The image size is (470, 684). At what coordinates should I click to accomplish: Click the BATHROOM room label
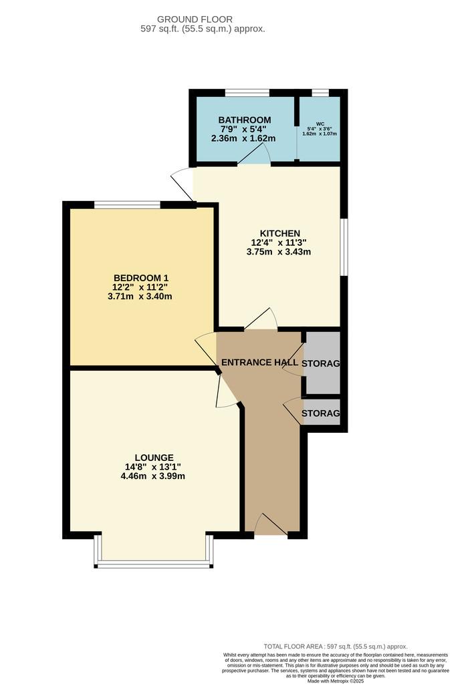tap(245, 120)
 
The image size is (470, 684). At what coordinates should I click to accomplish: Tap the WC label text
tap(320, 124)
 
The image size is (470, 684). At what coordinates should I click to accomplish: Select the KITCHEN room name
tap(280, 233)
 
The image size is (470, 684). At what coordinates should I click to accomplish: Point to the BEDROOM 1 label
tap(140, 278)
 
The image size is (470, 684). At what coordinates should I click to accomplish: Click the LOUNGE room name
tap(154, 458)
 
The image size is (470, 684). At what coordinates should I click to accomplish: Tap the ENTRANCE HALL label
tap(260, 363)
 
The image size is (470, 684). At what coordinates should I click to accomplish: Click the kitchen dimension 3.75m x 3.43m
tap(279, 252)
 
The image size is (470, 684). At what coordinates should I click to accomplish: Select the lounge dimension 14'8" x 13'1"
tap(153, 467)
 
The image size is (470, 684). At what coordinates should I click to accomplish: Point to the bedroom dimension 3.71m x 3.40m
tap(140, 296)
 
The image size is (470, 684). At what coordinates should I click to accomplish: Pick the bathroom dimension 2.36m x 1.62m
tap(243, 139)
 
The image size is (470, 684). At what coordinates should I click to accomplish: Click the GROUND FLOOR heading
tap(195, 19)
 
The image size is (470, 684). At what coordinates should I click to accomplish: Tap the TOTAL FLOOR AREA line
tap(336, 647)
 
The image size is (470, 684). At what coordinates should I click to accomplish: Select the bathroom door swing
tap(254, 154)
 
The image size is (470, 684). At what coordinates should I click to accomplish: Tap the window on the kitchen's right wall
tap(344, 247)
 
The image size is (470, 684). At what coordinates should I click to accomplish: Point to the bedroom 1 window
tap(128, 204)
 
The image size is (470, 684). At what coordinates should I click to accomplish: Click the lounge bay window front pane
tap(154, 564)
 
